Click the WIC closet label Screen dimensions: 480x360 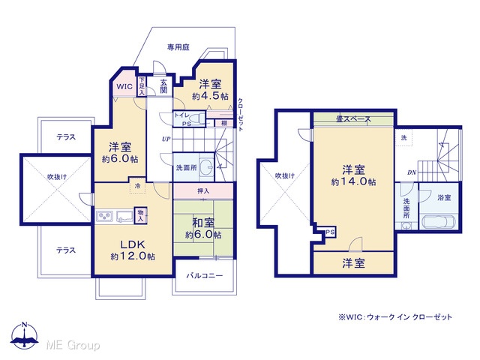click(x=124, y=86)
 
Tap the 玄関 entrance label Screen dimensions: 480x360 click(x=163, y=86)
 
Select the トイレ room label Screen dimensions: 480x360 click(x=182, y=115)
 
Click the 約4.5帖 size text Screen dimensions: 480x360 click(x=210, y=96)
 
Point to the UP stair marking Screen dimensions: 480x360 click(x=166, y=139)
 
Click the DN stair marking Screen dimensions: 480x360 click(x=412, y=172)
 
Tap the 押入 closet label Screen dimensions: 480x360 click(x=203, y=191)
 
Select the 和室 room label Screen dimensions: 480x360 click(x=203, y=223)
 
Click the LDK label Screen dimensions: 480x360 click(x=132, y=244)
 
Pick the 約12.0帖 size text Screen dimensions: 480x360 click(x=133, y=256)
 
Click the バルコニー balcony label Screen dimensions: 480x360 click(x=205, y=276)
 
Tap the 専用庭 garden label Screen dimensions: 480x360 click(x=178, y=47)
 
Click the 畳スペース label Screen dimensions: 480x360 click(x=353, y=118)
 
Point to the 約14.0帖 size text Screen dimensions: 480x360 click(x=353, y=181)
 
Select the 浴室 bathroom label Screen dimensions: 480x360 click(x=444, y=198)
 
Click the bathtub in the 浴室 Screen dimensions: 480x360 click(x=438, y=222)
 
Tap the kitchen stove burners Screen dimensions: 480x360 click(x=105, y=217)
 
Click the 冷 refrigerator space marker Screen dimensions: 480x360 click(x=138, y=186)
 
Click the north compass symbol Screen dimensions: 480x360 click(x=25, y=335)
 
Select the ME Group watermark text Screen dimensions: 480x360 click(x=73, y=345)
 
